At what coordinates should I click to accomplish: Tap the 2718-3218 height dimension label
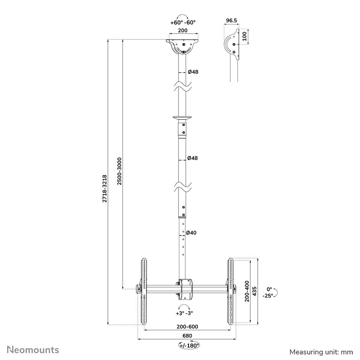click(x=104, y=189)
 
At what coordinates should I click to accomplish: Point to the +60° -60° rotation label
click(x=183, y=22)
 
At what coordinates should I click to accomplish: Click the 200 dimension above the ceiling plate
click(x=183, y=31)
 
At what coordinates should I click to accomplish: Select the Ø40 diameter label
click(x=191, y=233)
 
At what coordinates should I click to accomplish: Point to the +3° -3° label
click(x=184, y=313)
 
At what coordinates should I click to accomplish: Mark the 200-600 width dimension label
click(x=187, y=327)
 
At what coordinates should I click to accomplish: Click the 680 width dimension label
click(x=187, y=336)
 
